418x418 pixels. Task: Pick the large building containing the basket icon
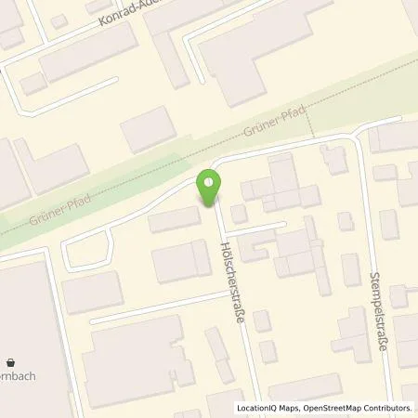tap(23, 334)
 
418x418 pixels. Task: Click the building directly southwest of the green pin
tap(174, 220)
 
